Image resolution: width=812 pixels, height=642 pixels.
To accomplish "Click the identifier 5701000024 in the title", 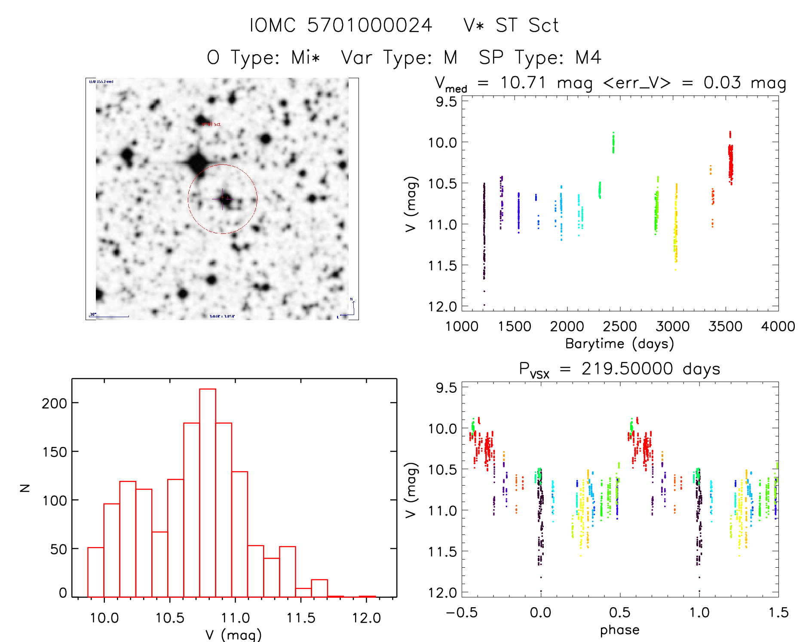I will (x=369, y=25).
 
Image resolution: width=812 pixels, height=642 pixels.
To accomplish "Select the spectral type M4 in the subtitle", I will (x=588, y=58).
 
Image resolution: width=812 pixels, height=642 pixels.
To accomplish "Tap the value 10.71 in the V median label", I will (x=523, y=83).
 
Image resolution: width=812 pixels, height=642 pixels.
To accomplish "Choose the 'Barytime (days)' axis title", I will (x=619, y=344).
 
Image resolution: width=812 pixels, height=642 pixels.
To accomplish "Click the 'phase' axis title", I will (x=619, y=630).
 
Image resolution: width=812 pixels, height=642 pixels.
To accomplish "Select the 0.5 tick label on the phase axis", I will (x=619, y=612).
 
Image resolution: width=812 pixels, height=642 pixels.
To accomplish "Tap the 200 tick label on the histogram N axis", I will (x=54, y=403).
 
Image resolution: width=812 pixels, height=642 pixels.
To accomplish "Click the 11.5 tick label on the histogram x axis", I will (x=301, y=618).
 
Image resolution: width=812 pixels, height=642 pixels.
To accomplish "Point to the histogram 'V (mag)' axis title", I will (x=233, y=635).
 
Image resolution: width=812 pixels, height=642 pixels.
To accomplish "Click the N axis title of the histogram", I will (x=25, y=488).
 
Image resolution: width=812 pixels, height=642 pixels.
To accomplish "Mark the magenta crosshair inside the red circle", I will (x=223, y=199).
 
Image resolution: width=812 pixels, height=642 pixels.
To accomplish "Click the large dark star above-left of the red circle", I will (x=198, y=162).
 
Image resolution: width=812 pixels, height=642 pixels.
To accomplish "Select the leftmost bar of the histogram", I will (x=96, y=572).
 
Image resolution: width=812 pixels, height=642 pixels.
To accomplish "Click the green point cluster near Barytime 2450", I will (x=613, y=143).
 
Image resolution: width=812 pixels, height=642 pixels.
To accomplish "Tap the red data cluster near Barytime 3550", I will (x=730, y=161).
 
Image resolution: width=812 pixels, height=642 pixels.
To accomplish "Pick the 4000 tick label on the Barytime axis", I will (x=778, y=327).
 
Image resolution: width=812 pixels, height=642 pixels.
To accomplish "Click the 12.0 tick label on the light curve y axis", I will (x=442, y=307).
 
